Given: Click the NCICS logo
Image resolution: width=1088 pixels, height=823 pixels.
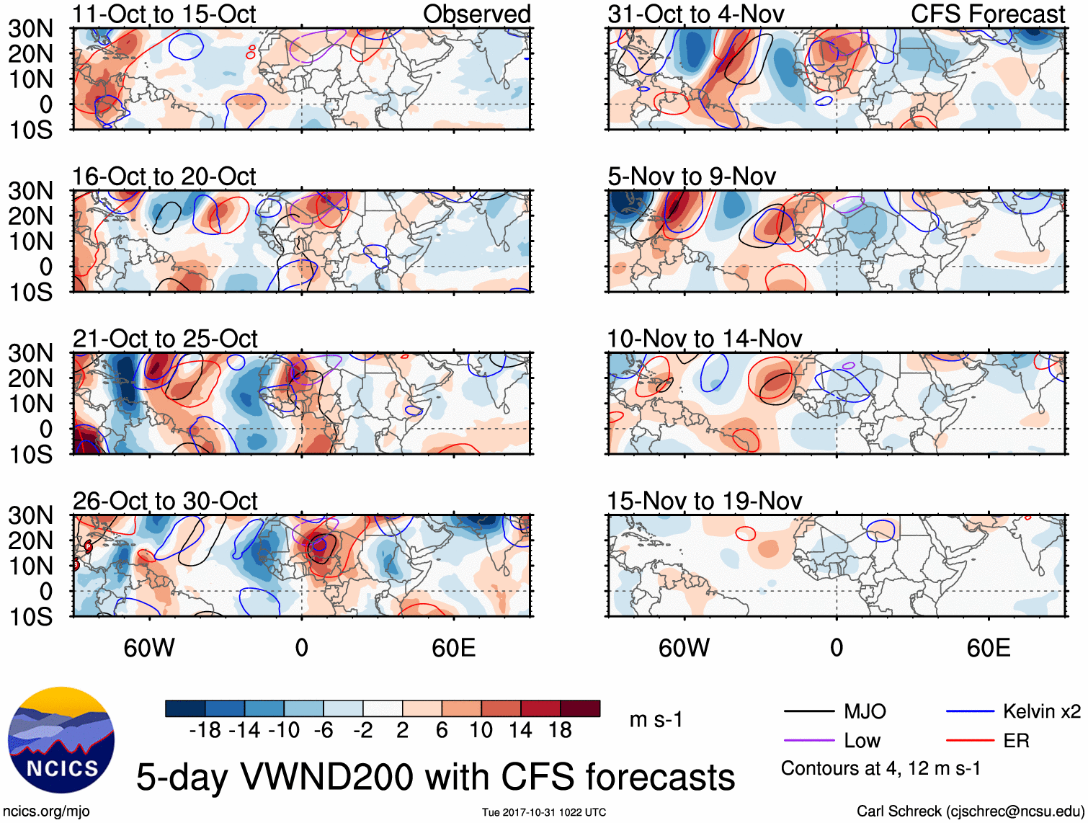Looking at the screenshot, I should pos(61,740).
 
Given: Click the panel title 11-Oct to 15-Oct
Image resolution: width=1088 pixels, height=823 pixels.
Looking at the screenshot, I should pos(164,14).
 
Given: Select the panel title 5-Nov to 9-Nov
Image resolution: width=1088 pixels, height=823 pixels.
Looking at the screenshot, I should pos(692,177).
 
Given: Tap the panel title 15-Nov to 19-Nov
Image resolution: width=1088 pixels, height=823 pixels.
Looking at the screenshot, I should pos(704,501).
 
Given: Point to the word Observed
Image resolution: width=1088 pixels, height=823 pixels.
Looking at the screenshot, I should pos(476,14).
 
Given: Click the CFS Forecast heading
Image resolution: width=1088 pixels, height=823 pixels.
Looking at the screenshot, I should pos(987,14).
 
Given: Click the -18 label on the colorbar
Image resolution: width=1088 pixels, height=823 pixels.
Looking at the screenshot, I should pos(205,731).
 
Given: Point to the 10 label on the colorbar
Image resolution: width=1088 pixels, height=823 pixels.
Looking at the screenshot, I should pos(481,731).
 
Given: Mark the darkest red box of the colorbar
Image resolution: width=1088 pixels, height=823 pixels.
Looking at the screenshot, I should pos(580,708).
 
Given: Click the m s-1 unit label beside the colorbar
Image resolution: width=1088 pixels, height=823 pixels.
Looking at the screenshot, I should pos(656,720).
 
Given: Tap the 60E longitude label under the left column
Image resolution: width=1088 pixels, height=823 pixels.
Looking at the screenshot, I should pos(453,649).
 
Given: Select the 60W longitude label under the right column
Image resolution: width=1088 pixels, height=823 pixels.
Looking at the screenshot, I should pos(684,649).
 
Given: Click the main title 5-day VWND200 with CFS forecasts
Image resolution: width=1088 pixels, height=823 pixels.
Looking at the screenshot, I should pos(435,777).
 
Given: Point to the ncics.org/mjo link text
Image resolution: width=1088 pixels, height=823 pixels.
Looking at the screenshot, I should pos(46,811).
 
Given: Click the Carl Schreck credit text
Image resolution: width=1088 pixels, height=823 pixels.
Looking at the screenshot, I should pos(970,811).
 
